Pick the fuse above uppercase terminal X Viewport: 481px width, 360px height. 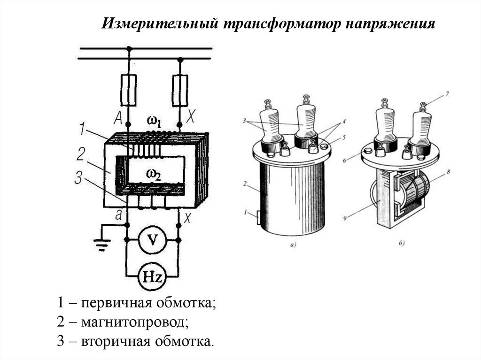click(x=180, y=90)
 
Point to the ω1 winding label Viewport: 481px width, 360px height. click(x=155, y=123)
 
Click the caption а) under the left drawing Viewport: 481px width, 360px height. click(x=294, y=245)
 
